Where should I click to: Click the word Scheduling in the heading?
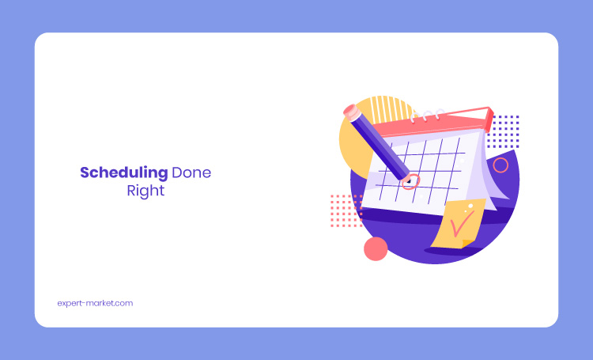pyautogui.click(x=123, y=173)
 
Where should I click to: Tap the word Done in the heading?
pyautogui.click(x=191, y=172)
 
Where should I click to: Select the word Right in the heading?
pyautogui.click(x=145, y=191)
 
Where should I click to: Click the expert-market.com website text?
pyautogui.click(x=95, y=303)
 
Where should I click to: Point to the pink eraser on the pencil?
pyautogui.click(x=352, y=112)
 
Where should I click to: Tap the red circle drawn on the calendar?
pyautogui.click(x=410, y=182)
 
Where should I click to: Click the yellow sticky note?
pyautogui.click(x=458, y=224)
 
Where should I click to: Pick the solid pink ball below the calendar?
pyautogui.click(x=376, y=248)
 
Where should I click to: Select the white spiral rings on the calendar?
pyautogui.click(x=427, y=115)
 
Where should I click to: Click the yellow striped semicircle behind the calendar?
pyautogui.click(x=390, y=109)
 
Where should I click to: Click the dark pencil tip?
pyautogui.click(x=408, y=181)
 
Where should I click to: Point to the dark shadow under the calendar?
pyautogui.click(x=435, y=218)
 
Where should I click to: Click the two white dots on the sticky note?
pyautogui.click(x=469, y=207)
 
